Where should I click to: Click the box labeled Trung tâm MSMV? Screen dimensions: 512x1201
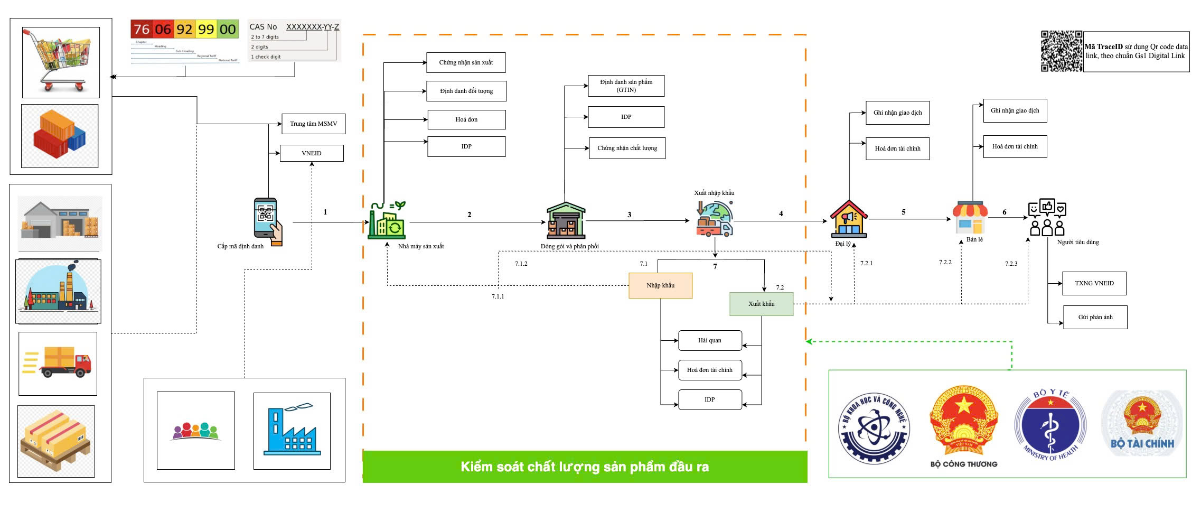(x=313, y=124)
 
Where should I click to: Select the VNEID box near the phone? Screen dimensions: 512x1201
(x=312, y=153)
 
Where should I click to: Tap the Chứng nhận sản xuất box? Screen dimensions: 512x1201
(x=466, y=62)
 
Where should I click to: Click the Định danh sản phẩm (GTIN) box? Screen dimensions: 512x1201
(x=626, y=86)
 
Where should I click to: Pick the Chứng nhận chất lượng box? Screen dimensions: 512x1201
(x=627, y=148)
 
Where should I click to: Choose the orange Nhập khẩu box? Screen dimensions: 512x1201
(x=660, y=285)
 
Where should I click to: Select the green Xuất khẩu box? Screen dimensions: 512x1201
(x=761, y=304)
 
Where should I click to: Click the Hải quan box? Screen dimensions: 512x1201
(x=709, y=340)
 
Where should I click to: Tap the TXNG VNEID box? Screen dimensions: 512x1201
(x=1094, y=283)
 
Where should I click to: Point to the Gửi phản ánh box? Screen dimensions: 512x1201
(x=1095, y=317)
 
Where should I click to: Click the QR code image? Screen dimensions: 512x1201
(x=1061, y=51)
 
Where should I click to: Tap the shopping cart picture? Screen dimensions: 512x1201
(x=61, y=62)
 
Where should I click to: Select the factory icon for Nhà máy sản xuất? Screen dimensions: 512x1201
(x=387, y=220)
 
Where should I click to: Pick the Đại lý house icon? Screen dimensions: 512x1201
(x=848, y=219)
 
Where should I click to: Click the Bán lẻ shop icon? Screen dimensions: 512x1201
(x=970, y=218)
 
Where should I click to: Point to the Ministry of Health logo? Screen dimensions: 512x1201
(x=1050, y=425)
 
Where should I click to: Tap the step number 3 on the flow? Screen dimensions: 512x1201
(x=629, y=215)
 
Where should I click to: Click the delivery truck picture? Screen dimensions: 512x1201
(x=58, y=363)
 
